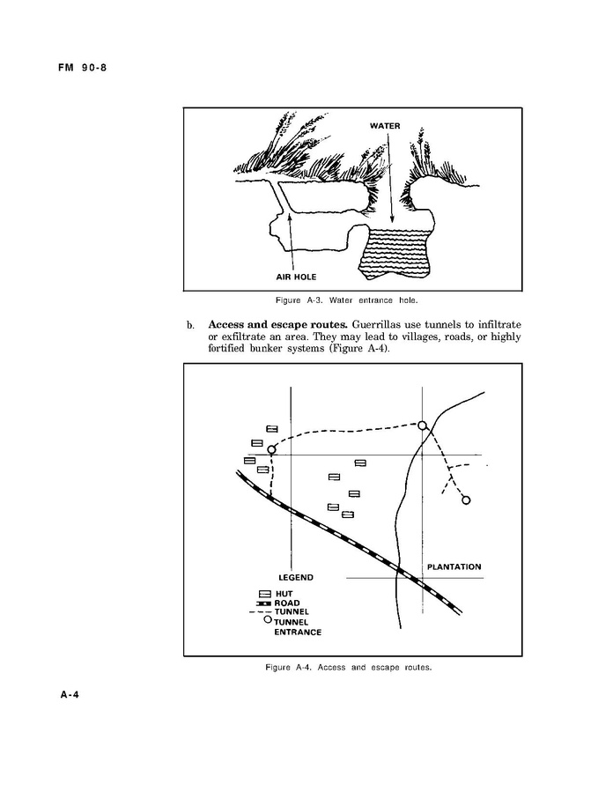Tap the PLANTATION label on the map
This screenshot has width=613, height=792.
(454, 566)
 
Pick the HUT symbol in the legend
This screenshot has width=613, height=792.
(263, 594)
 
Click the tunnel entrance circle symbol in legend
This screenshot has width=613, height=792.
(267, 620)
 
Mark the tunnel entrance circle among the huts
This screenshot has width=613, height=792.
(272, 450)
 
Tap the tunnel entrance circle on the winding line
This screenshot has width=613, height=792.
(422, 426)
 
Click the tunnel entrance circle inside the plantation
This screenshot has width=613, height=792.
(466, 500)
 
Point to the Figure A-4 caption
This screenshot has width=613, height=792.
(349, 668)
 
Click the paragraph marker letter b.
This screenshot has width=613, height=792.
(189, 325)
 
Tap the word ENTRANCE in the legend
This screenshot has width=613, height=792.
(298, 632)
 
